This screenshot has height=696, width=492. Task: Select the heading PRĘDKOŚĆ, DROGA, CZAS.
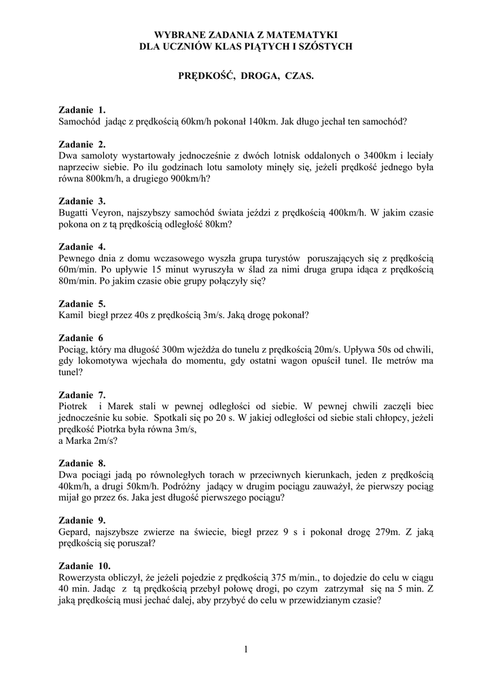click(x=245, y=77)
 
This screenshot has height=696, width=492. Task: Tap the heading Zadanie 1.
click(x=82, y=110)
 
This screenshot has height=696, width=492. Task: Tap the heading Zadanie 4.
click(x=82, y=247)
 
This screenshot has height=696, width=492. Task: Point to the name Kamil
click(x=71, y=315)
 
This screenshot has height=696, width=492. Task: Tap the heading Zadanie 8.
click(x=82, y=463)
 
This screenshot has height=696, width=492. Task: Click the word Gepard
click(x=74, y=532)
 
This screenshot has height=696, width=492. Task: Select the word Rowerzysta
click(x=82, y=577)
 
